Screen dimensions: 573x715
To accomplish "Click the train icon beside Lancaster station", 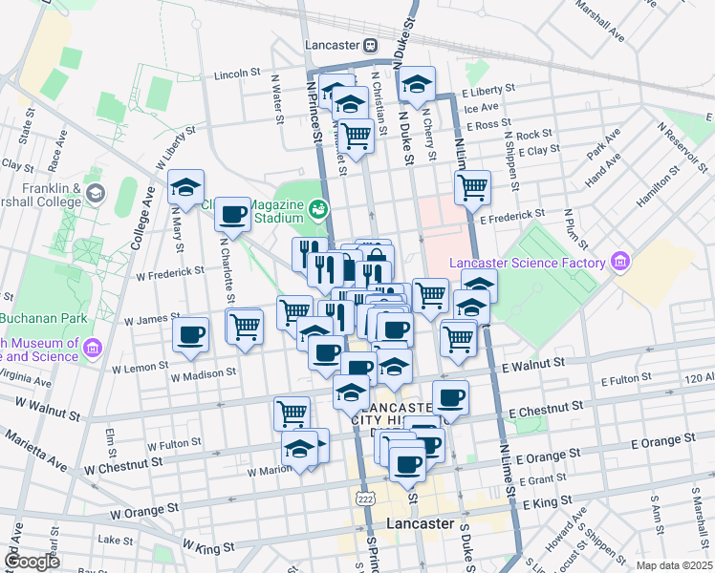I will [370, 45].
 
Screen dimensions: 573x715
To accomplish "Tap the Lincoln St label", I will [238, 73].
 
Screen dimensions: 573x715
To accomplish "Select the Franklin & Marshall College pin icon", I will [95, 195].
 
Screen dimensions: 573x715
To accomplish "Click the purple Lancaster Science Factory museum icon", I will [620, 262].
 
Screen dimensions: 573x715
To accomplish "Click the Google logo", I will [32, 562].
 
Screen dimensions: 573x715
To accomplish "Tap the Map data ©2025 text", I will [674, 565].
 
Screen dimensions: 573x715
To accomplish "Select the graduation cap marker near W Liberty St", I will [186, 186].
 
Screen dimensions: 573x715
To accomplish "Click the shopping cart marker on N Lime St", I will [471, 188].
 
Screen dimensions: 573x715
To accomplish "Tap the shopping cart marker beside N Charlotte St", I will [245, 326].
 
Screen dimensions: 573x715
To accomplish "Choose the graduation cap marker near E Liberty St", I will [417, 84].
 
